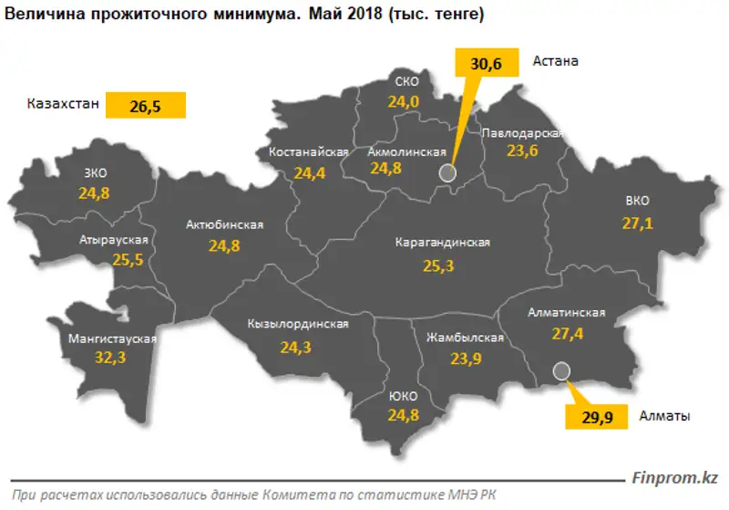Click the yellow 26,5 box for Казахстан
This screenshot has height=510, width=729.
click(x=146, y=106)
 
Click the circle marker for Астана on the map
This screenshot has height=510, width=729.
click(x=446, y=172)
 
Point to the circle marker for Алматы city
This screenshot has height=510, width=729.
click(x=561, y=369)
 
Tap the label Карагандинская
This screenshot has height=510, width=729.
click(x=443, y=243)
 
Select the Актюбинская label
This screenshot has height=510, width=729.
click(x=224, y=224)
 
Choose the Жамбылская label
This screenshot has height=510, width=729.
click(x=465, y=337)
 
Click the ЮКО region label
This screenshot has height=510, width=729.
click(x=402, y=396)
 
